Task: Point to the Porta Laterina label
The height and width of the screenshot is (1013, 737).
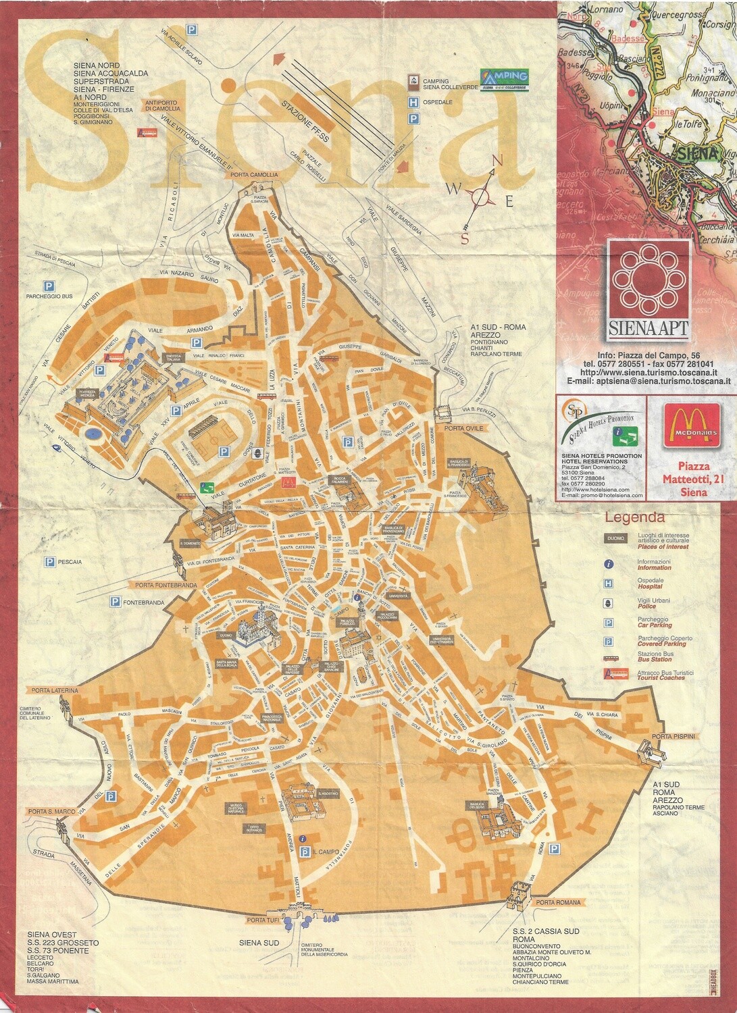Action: pyautogui.click(x=53, y=690)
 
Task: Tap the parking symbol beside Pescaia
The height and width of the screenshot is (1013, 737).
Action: pyautogui.click(x=49, y=561)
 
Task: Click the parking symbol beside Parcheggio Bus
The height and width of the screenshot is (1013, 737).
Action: pyautogui.click(x=49, y=284)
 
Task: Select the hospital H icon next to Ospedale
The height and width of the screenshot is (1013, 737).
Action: pyautogui.click(x=411, y=103)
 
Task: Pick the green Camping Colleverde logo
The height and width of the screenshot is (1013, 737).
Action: pyautogui.click(x=503, y=78)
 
